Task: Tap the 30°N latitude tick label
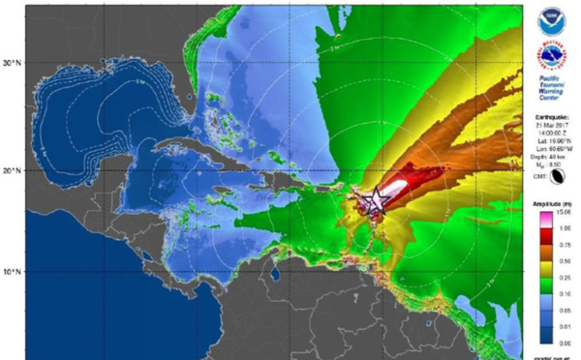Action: (x=11, y=63)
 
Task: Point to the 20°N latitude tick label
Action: (x=11, y=170)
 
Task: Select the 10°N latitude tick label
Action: (x=11, y=272)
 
